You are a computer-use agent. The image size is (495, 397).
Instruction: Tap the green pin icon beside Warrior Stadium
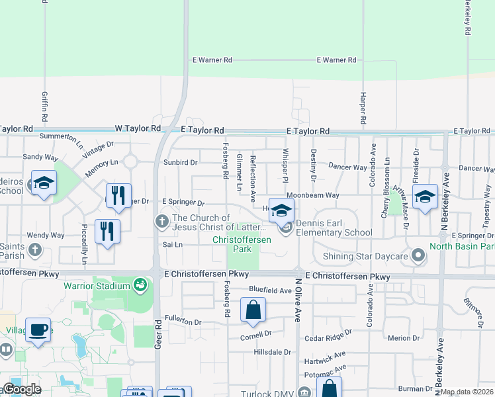pos(140,286)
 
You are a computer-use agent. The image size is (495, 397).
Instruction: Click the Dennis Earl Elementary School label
pos(334,228)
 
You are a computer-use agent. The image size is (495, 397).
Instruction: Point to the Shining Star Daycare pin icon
pos(418,255)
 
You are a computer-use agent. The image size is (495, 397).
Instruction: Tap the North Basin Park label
pos(462,247)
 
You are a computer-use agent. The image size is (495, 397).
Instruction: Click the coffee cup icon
pos(38,330)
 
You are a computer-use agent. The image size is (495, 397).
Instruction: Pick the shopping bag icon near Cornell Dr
pos(253,310)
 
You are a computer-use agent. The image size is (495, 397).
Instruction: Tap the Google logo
pos(22,389)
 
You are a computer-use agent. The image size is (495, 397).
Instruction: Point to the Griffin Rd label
pos(45,107)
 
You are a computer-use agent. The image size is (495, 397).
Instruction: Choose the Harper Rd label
pos(363,106)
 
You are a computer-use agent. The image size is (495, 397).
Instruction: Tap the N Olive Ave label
pos(298,300)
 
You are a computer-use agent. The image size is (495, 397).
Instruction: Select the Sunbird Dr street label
pos(180,162)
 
